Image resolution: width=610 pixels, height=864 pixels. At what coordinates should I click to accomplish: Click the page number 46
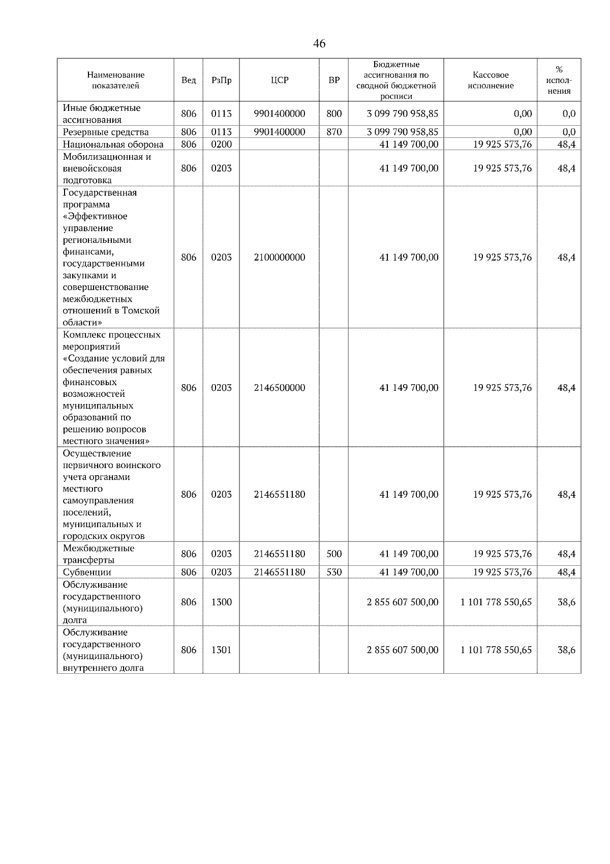coord(319,44)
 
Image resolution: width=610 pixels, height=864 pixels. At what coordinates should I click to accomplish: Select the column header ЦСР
coord(279,80)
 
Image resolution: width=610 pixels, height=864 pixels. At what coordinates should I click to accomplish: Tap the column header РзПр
coord(221,80)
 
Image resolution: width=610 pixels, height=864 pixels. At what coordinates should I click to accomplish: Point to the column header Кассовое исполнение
coord(491,80)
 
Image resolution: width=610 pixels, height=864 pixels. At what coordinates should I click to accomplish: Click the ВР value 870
coord(334,132)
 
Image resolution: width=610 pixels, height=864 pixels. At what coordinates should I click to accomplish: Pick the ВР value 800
coord(334,113)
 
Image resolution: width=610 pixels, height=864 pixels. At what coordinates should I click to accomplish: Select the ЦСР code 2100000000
coord(279,257)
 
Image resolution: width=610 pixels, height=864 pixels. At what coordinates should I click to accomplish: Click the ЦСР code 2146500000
coord(279,388)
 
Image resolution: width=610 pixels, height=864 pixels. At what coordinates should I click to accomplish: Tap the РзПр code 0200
coord(221,144)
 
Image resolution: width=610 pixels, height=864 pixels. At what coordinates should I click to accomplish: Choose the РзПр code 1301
coord(221,650)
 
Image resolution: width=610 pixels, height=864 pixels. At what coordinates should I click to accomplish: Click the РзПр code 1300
coord(221,602)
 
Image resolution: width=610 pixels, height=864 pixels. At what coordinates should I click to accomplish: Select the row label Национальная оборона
coord(113,144)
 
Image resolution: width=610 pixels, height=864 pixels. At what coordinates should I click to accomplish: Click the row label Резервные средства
coord(106,132)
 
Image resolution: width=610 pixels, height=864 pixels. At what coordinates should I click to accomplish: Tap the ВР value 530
coord(334,572)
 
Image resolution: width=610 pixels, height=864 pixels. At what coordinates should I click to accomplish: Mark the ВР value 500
coord(334,554)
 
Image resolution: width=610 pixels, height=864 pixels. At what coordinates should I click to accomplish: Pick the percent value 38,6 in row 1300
coord(566,602)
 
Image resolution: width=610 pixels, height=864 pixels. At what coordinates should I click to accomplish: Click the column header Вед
coord(188,80)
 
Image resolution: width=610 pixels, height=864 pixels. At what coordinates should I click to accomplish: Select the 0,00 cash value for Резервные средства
coord(522,132)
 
